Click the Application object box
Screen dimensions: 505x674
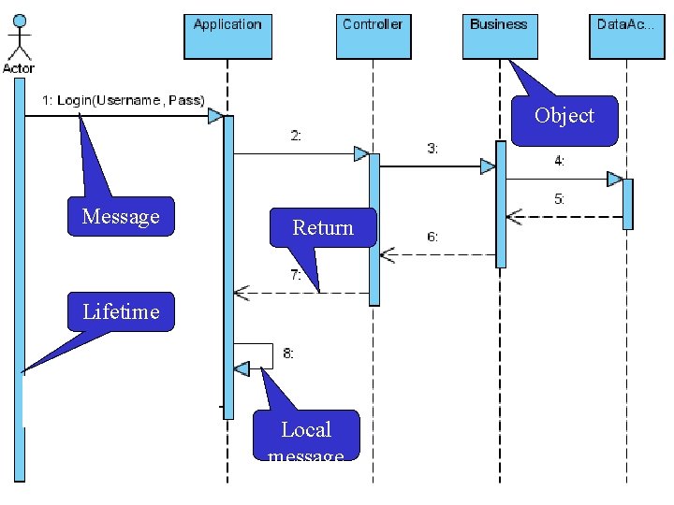[227, 35]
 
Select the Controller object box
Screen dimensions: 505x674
[373, 35]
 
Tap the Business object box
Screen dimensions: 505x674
[499, 35]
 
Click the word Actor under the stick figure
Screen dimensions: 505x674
[19, 68]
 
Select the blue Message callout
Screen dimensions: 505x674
[121, 216]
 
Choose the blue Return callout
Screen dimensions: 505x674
[323, 227]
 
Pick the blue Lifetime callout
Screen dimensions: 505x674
[121, 311]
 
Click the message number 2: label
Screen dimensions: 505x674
[296, 136]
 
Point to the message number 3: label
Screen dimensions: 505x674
[432, 149]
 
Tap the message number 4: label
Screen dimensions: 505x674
[559, 161]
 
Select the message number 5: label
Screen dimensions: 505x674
[559, 199]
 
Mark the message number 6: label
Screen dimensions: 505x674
[432, 237]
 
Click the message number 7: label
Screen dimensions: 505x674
[296, 276]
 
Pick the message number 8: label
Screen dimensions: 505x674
[288, 353]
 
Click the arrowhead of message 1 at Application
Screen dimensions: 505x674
[215, 116]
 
